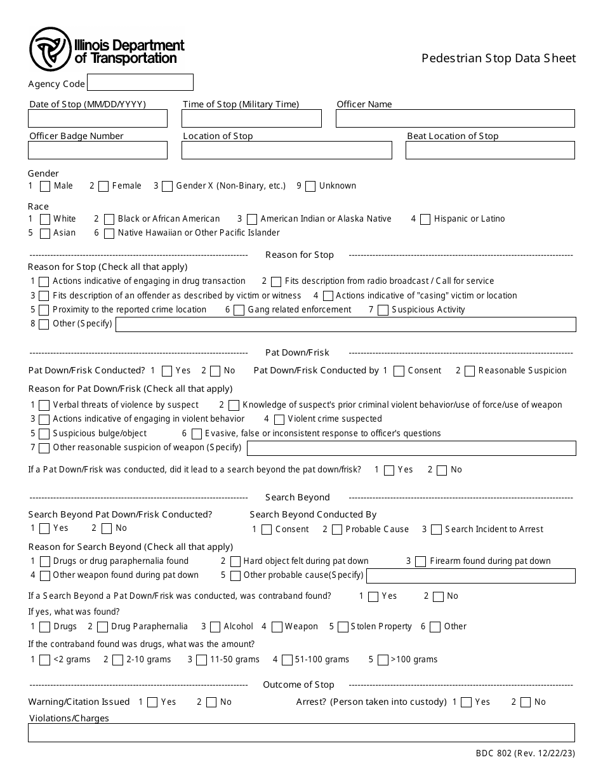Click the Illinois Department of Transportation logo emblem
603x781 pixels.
point(50,50)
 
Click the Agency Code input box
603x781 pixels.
point(140,83)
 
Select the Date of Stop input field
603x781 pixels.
point(98,119)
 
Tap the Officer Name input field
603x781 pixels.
point(454,119)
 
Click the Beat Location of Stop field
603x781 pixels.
point(490,150)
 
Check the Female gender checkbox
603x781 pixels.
point(104,187)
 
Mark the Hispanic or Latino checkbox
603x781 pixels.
point(425,220)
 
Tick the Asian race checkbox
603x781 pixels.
point(45,234)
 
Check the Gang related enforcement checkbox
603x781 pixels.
point(239,310)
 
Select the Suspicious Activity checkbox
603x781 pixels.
point(383,310)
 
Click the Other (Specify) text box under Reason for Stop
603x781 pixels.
point(345,324)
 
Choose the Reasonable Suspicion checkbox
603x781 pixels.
point(470,371)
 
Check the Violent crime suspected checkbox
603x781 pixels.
point(279,420)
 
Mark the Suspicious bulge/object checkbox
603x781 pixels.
point(44,434)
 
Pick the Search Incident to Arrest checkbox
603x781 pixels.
point(436,530)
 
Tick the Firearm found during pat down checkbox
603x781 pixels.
point(420,562)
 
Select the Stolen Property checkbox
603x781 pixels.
point(343,627)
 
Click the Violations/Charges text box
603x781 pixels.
point(301,733)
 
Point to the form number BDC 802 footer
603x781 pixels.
point(526,754)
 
